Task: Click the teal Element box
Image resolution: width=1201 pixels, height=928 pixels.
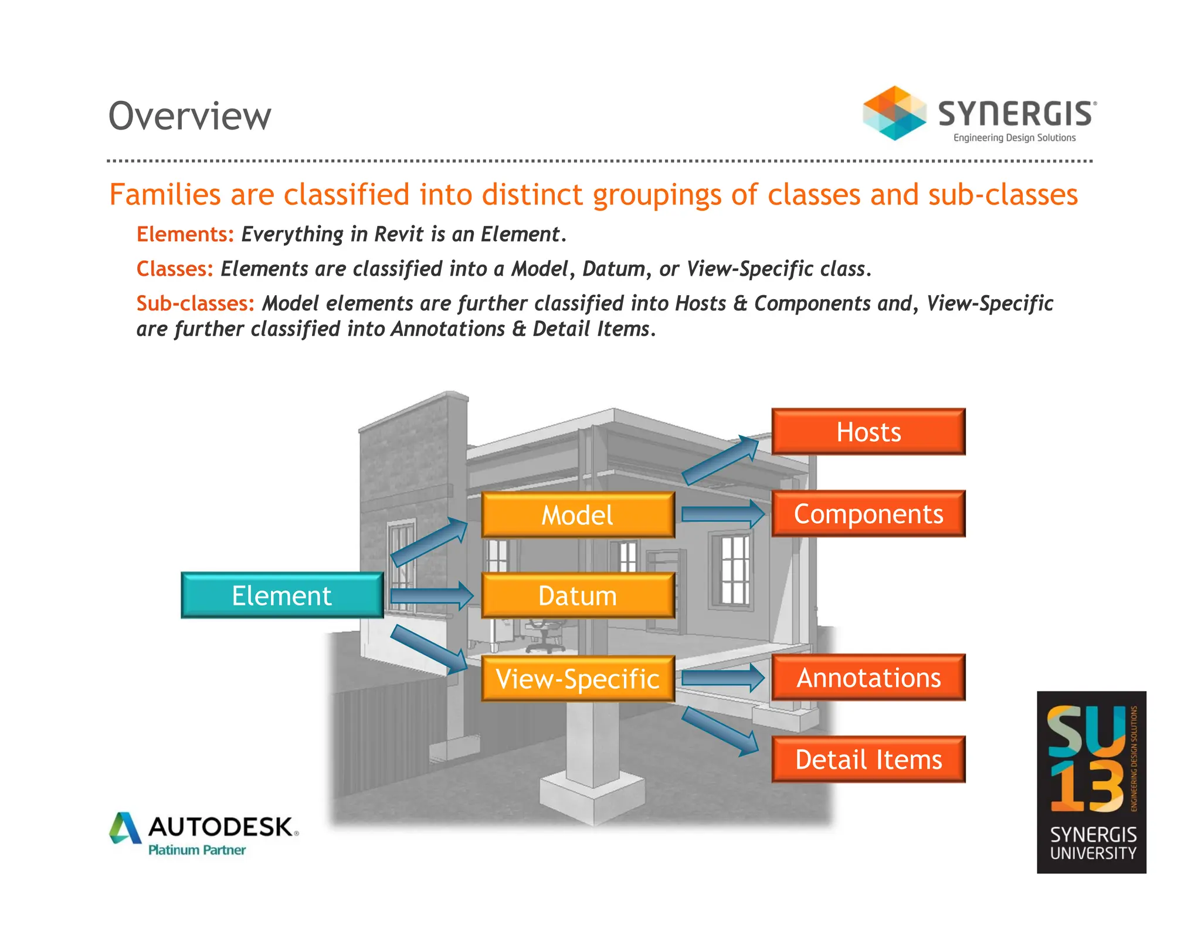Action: click(x=282, y=595)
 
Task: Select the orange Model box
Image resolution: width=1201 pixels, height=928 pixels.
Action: click(x=578, y=515)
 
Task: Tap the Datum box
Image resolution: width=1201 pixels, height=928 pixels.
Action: click(x=578, y=596)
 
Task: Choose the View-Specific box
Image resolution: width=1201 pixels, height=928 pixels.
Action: click(x=578, y=679)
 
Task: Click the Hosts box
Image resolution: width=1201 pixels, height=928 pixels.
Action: click(x=868, y=432)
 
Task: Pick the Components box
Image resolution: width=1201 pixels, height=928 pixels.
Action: click(x=868, y=514)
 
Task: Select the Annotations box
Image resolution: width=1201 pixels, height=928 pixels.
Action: click(x=868, y=678)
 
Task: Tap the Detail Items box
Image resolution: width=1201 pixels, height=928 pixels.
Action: click(x=868, y=760)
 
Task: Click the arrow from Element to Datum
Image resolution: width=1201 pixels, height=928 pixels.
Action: click(x=432, y=596)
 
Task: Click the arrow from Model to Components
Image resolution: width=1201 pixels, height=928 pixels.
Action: click(x=723, y=514)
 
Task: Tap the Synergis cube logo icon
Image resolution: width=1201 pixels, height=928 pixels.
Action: click(x=894, y=113)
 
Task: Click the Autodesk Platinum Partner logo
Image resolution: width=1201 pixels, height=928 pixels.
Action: click(x=204, y=834)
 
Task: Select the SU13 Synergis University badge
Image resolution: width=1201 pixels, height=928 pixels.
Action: click(x=1091, y=782)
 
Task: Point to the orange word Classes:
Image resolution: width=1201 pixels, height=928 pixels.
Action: click(x=175, y=269)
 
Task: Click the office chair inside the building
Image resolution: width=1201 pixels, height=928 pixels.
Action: click(x=544, y=636)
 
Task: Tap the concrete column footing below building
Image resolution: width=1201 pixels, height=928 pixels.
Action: click(x=592, y=792)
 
